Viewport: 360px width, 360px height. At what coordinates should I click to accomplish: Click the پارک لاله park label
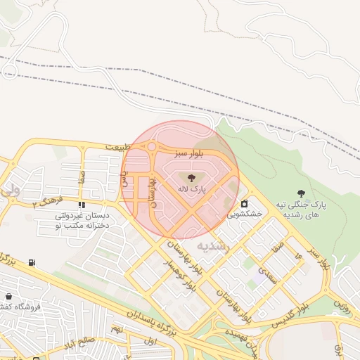coord(191,189)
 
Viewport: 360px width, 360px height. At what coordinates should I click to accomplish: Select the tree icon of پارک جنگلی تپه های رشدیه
coord(302,193)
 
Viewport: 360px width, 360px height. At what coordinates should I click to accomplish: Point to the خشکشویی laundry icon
coord(244,203)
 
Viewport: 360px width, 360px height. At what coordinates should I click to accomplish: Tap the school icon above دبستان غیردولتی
coord(82,205)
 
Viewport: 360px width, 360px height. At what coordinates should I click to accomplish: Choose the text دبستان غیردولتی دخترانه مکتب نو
coord(82,221)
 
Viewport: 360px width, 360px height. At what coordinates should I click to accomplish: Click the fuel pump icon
coord(32,263)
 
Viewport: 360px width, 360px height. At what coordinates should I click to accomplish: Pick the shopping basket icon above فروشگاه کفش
coord(8,297)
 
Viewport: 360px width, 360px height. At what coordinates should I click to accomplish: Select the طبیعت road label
coord(118,147)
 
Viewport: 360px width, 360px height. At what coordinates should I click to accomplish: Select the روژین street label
coord(342,304)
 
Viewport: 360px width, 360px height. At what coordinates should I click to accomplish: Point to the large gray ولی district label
coord(10,190)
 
